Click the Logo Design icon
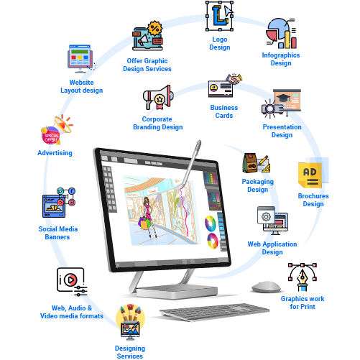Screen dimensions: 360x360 [220, 16]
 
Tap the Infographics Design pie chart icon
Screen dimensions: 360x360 [281, 33]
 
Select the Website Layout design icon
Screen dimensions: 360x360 [81, 59]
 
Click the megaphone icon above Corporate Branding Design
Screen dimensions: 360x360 [158, 97]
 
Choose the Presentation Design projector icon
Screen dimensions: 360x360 [282, 103]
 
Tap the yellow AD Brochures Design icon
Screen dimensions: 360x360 [313, 172]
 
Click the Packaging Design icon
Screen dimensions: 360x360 [257, 163]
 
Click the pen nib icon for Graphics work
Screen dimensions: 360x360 [303, 277]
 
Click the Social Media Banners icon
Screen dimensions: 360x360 [59, 203]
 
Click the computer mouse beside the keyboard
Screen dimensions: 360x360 [266, 287]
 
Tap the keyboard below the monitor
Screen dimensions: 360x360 [214, 312]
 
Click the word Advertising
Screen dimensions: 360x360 [55, 153]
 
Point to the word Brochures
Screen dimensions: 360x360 [313, 196]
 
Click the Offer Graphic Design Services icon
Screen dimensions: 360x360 [148, 36]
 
